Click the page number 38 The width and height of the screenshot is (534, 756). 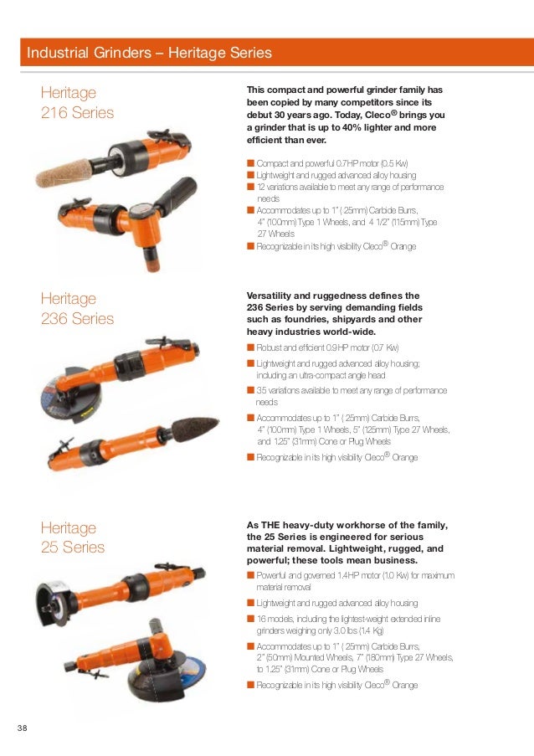(22, 725)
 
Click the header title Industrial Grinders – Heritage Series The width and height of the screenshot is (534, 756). (150, 53)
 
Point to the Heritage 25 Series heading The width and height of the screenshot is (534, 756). (74, 537)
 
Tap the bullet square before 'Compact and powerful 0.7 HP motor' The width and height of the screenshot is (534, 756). (249, 163)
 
